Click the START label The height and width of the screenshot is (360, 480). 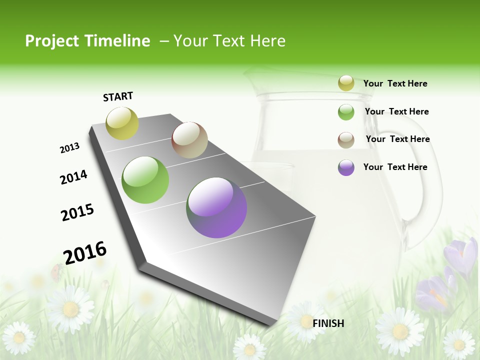pos(118,96)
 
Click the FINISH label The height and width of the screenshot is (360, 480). pos(328,323)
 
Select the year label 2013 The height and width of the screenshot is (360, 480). pos(69,148)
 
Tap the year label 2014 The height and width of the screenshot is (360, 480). pos(73,177)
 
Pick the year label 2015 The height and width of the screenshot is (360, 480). pos(77,212)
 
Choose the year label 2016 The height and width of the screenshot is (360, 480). pos(85,252)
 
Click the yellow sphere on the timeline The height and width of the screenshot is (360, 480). pos(122,123)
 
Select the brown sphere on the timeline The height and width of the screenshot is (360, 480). pos(189,140)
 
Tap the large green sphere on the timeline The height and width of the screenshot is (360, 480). pos(145,180)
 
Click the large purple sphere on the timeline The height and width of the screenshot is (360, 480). pos(216,207)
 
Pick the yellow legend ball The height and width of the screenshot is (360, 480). pos(346,83)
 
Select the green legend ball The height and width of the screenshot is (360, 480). pos(346,112)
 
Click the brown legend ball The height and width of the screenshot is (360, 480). pos(346,139)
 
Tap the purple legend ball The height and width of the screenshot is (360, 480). pos(346,167)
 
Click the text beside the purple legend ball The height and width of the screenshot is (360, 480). pos(395,167)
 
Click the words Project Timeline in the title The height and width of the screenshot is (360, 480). pos(87,41)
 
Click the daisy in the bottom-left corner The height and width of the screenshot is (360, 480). pos(19,337)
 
